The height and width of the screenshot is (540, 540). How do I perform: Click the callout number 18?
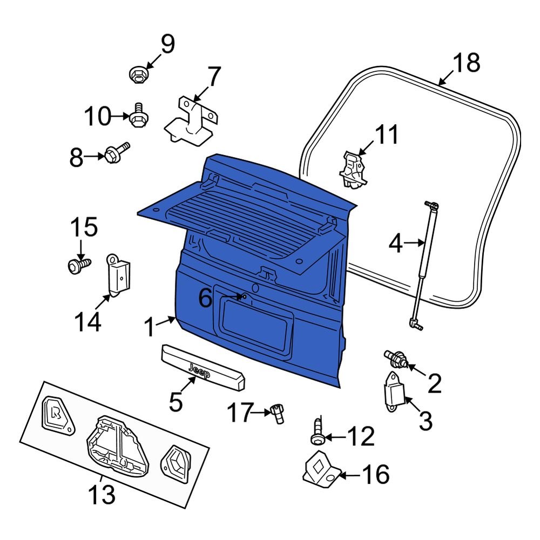click(x=465, y=63)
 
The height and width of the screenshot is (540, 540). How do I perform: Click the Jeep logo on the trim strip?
click(x=200, y=368)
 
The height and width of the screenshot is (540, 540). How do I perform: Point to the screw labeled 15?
click(x=76, y=265)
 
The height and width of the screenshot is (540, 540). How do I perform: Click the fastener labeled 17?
click(x=278, y=414)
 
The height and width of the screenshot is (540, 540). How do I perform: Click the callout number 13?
click(x=102, y=494)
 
